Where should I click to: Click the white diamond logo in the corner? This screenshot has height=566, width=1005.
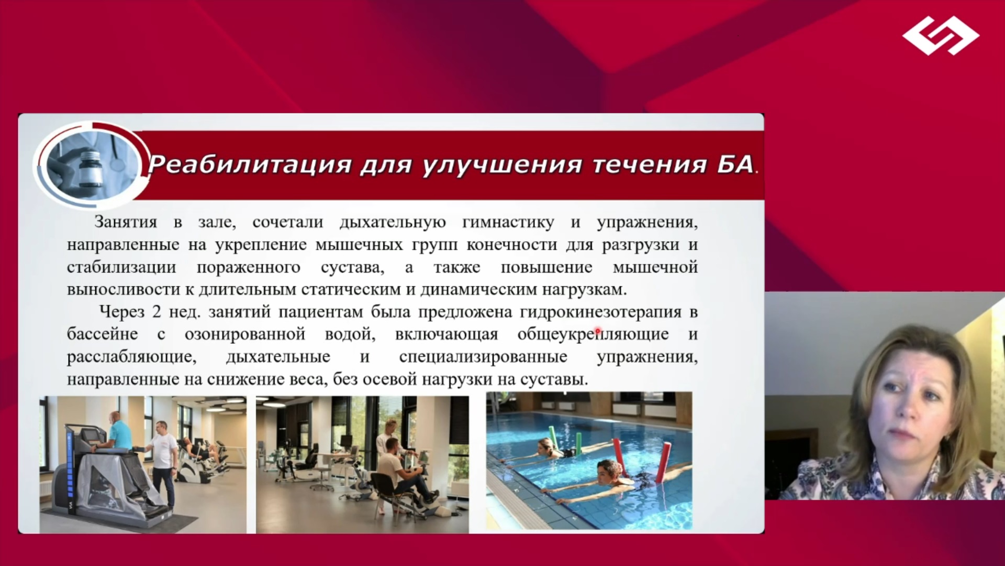941,36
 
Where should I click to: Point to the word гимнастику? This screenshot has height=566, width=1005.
508,222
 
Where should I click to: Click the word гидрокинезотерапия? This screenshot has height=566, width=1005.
601,312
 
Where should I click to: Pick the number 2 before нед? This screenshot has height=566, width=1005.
157,312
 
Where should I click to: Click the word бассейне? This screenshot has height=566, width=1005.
103,334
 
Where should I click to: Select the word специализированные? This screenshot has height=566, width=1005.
483,357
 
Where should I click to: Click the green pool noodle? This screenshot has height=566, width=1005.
551,437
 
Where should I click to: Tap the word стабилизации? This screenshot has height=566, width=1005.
121,268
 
